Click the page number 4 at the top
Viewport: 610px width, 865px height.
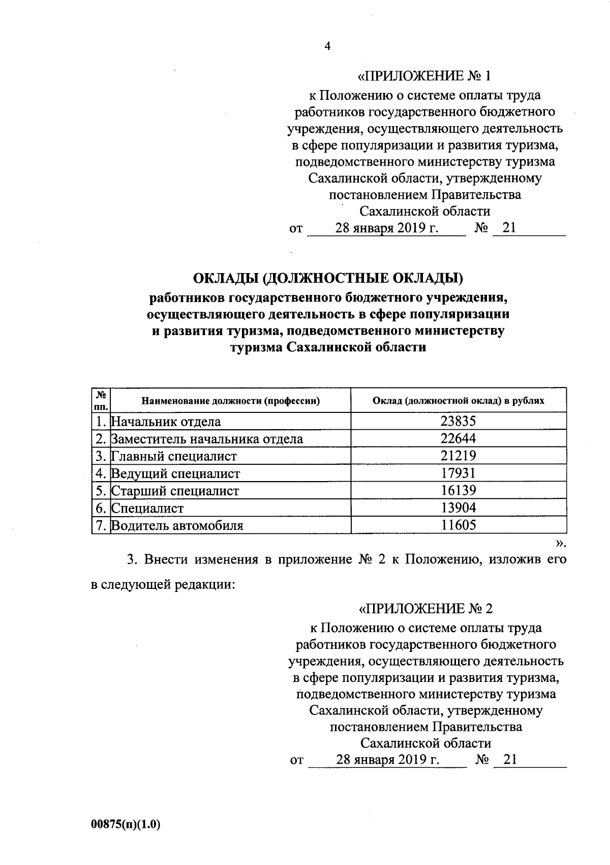pos(327,46)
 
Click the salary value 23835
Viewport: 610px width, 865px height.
pos(458,421)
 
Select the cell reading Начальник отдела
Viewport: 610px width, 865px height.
pos(166,422)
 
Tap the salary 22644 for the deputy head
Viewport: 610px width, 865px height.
pos(458,438)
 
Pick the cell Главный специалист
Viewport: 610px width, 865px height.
pos(174,456)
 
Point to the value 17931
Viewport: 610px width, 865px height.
pos(458,473)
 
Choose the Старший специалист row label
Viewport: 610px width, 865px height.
pos(175,491)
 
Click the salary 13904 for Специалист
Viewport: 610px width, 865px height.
pos(458,508)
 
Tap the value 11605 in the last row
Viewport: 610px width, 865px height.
pos(458,525)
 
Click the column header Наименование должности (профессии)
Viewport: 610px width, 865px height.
pos(230,401)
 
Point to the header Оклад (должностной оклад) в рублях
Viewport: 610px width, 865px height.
pos(458,401)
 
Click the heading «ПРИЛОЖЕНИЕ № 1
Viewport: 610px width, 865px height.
pos(425,76)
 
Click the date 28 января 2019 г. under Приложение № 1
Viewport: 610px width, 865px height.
pos(386,228)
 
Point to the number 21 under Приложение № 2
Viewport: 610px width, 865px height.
pos(509,760)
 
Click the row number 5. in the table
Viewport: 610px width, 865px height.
pos(101,491)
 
